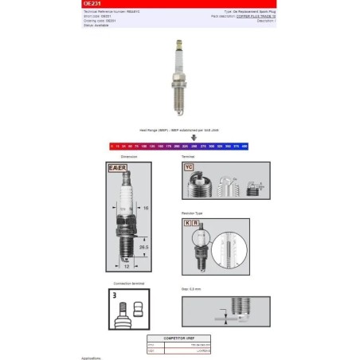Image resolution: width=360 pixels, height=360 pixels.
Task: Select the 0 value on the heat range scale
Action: coord(112,147)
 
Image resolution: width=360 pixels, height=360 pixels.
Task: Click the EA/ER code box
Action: coord(116,169)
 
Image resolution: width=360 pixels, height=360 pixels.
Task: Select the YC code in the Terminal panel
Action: coord(188,168)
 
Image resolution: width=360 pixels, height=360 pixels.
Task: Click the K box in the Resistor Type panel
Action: coord(188,225)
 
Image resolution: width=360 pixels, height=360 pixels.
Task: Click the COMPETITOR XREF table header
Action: coord(182,338)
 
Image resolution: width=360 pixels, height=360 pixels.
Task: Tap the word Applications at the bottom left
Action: coord(92,358)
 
